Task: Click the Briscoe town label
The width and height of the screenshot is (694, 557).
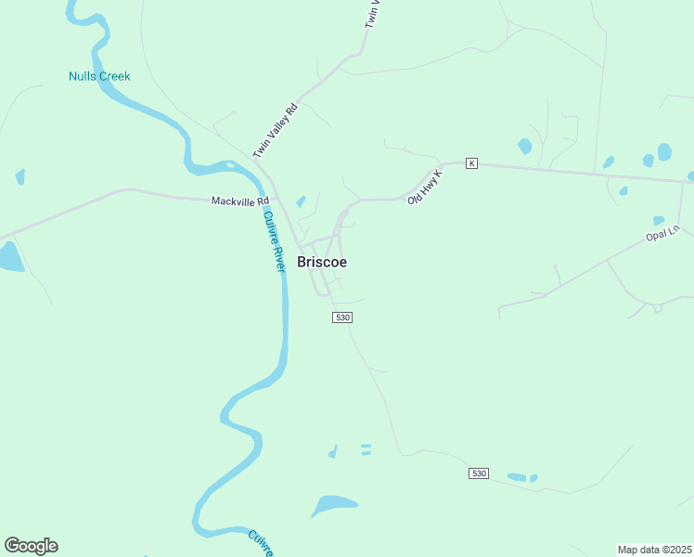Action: tap(322, 262)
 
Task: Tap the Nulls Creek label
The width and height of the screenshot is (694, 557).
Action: tap(99, 76)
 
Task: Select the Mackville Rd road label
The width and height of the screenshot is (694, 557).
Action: tap(239, 201)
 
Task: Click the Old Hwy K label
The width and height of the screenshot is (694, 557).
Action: tap(425, 187)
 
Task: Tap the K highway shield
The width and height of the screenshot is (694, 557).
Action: tap(471, 163)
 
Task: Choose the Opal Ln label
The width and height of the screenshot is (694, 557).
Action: tap(662, 233)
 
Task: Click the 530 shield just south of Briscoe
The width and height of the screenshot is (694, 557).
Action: tap(342, 317)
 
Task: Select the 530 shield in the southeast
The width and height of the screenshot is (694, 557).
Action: tap(478, 473)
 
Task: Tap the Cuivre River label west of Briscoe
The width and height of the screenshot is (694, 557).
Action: tap(273, 240)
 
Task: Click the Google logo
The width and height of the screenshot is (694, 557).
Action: tap(31, 546)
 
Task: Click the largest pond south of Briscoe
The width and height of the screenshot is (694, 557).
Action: tap(333, 505)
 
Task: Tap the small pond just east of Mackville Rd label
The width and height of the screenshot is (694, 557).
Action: tap(301, 201)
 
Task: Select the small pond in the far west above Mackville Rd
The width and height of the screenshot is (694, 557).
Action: tap(19, 176)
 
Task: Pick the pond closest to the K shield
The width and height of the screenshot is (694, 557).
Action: tap(525, 146)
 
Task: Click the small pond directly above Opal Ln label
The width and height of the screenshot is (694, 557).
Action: tap(658, 221)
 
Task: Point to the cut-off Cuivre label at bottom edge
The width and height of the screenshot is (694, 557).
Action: tap(262, 542)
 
